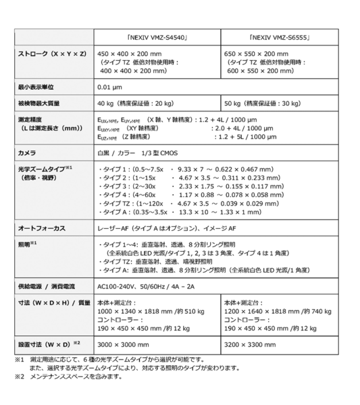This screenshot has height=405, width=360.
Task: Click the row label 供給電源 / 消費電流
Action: (x=47, y=287)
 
